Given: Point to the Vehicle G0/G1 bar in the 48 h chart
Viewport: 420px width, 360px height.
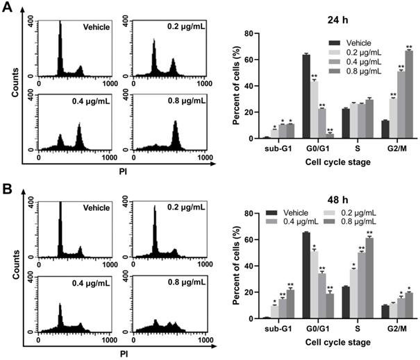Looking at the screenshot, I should click(x=306, y=275).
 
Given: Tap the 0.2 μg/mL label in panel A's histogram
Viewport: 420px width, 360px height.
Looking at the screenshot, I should click(x=188, y=27).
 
